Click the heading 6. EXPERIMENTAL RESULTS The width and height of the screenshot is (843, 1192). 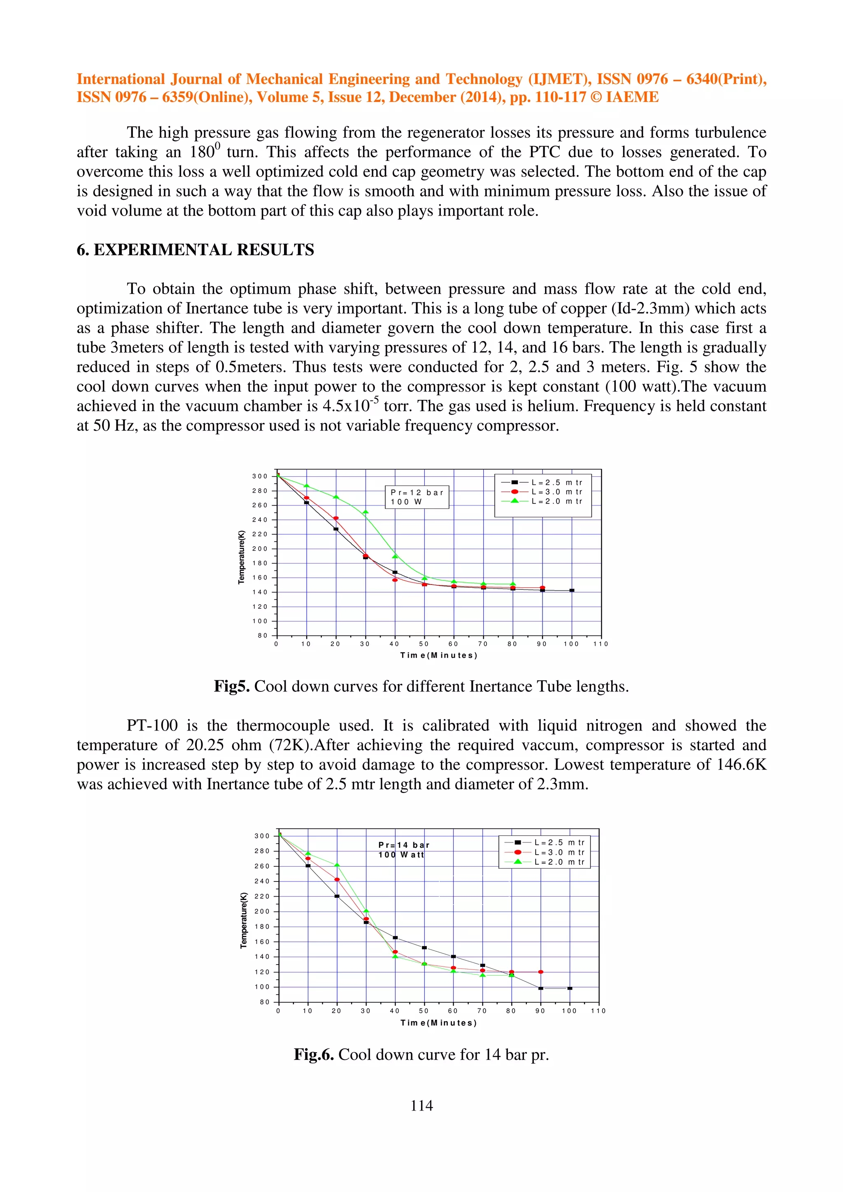(195, 250)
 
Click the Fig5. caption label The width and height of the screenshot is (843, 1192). (232, 686)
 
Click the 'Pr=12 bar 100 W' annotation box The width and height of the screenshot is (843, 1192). (417, 497)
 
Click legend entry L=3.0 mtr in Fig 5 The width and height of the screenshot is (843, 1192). (556, 492)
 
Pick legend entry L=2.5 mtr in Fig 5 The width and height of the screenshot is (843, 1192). (556, 482)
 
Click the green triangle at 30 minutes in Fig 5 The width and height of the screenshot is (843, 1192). (365, 512)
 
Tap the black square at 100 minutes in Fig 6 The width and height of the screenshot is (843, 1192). (570, 988)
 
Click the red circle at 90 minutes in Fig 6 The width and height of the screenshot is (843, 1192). (541, 972)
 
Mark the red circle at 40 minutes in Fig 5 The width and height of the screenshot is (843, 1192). (395, 580)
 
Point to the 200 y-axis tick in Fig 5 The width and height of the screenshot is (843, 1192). (260, 549)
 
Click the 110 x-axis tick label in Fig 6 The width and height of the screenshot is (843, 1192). (598, 1011)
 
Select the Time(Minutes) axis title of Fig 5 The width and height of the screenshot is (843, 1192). (438, 655)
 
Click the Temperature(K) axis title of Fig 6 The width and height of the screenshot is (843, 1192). (243, 920)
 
